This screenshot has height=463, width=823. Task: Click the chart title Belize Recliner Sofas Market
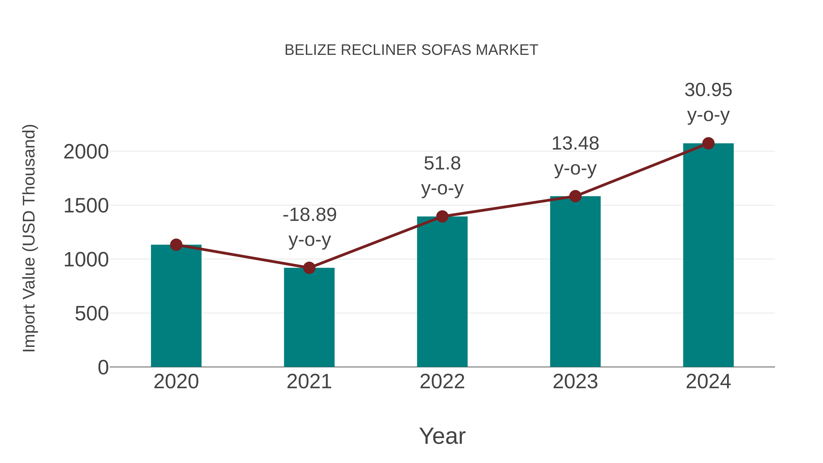tap(411, 50)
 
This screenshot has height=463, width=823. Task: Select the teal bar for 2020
tap(176, 307)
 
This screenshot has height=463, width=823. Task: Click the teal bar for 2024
tap(708, 256)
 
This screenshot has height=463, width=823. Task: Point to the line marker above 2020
tap(176, 245)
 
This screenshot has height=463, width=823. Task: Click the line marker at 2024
tap(708, 143)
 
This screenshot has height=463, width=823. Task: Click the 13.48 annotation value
tap(575, 143)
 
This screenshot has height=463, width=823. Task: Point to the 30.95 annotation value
tap(708, 90)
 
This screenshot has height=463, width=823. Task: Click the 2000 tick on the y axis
tap(86, 152)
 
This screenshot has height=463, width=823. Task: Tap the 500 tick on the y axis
tap(92, 314)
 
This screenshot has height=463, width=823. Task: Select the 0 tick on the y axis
tap(103, 367)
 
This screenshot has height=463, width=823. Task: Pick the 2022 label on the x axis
tap(442, 382)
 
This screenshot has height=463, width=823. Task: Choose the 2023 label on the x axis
tap(575, 382)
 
